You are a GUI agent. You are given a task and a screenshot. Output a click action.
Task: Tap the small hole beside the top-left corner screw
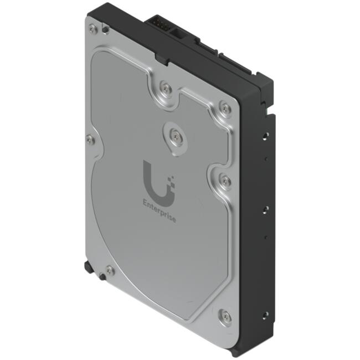tap(105, 30)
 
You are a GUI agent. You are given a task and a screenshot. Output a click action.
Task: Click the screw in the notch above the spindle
tap(164, 87)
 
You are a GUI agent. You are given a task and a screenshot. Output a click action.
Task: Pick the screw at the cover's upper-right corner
tap(225, 107)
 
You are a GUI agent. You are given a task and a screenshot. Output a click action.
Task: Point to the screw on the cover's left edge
tap(90, 140)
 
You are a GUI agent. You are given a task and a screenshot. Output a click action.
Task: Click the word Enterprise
tap(160, 211)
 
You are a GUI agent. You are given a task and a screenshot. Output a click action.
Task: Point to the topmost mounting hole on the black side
tap(265, 134)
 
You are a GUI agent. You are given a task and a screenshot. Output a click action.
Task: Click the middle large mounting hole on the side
tap(266, 209)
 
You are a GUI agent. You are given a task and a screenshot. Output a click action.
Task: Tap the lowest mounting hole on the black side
tap(265, 315)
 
